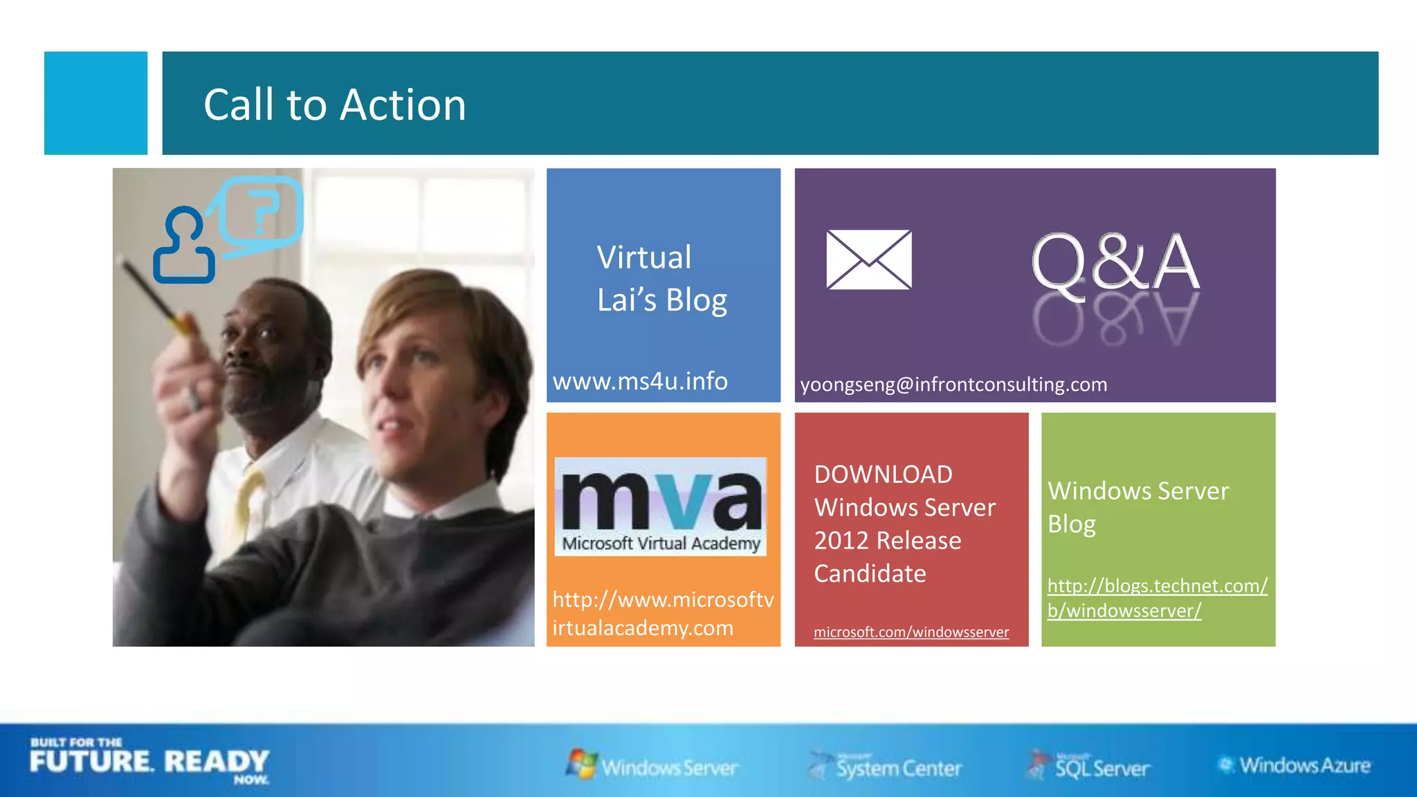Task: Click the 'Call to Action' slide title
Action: pos(334,105)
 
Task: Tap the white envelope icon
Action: pos(868,259)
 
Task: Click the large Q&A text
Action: pos(1115,263)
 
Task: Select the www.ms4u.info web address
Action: pos(640,381)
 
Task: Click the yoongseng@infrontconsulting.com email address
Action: pos(953,384)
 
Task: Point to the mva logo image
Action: pos(660,506)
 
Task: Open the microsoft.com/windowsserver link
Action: pos(911,632)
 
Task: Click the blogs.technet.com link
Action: pos(1157,598)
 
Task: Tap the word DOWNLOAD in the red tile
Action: pos(883,475)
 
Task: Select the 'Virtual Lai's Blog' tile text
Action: pos(661,278)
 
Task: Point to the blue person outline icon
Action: pos(183,247)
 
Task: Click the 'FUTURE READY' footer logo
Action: pos(149,761)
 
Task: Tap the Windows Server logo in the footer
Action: pos(652,766)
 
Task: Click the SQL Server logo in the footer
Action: pos(1088,766)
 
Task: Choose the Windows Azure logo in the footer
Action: pos(1294,765)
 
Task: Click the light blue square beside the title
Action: pos(95,103)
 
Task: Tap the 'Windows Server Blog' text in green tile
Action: pos(1137,507)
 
